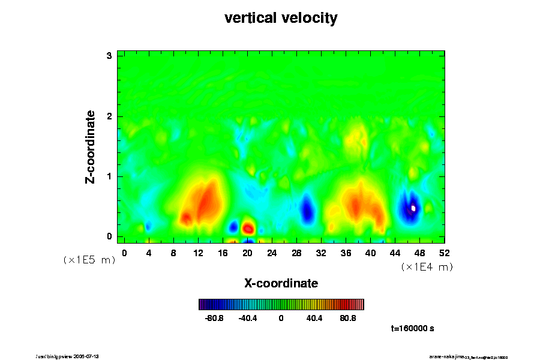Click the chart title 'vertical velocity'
point(281,18)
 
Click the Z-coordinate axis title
point(91,146)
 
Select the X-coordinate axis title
point(281,283)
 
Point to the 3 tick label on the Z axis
point(109,56)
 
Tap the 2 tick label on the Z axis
point(109,116)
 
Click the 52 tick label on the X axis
point(445,253)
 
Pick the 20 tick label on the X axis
point(247,253)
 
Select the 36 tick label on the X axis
point(346,253)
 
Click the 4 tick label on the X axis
point(149,253)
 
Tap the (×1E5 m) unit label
point(89,260)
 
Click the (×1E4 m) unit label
point(427,267)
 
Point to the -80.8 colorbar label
point(215,318)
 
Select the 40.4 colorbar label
point(314,318)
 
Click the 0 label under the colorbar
point(281,318)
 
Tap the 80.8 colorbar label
point(348,318)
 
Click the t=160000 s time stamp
point(412,329)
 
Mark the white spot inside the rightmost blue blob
point(413,208)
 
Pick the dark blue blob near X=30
point(307,209)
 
